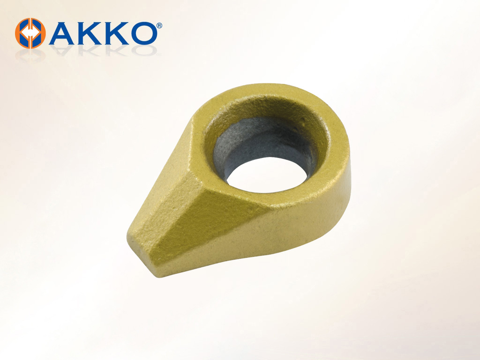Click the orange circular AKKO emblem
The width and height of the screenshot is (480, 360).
tap(30, 33)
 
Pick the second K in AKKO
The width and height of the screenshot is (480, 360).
tap(114, 33)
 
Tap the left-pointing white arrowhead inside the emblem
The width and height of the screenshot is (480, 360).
tap(25, 33)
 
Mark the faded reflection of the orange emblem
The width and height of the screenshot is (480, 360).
tap(30, 54)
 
